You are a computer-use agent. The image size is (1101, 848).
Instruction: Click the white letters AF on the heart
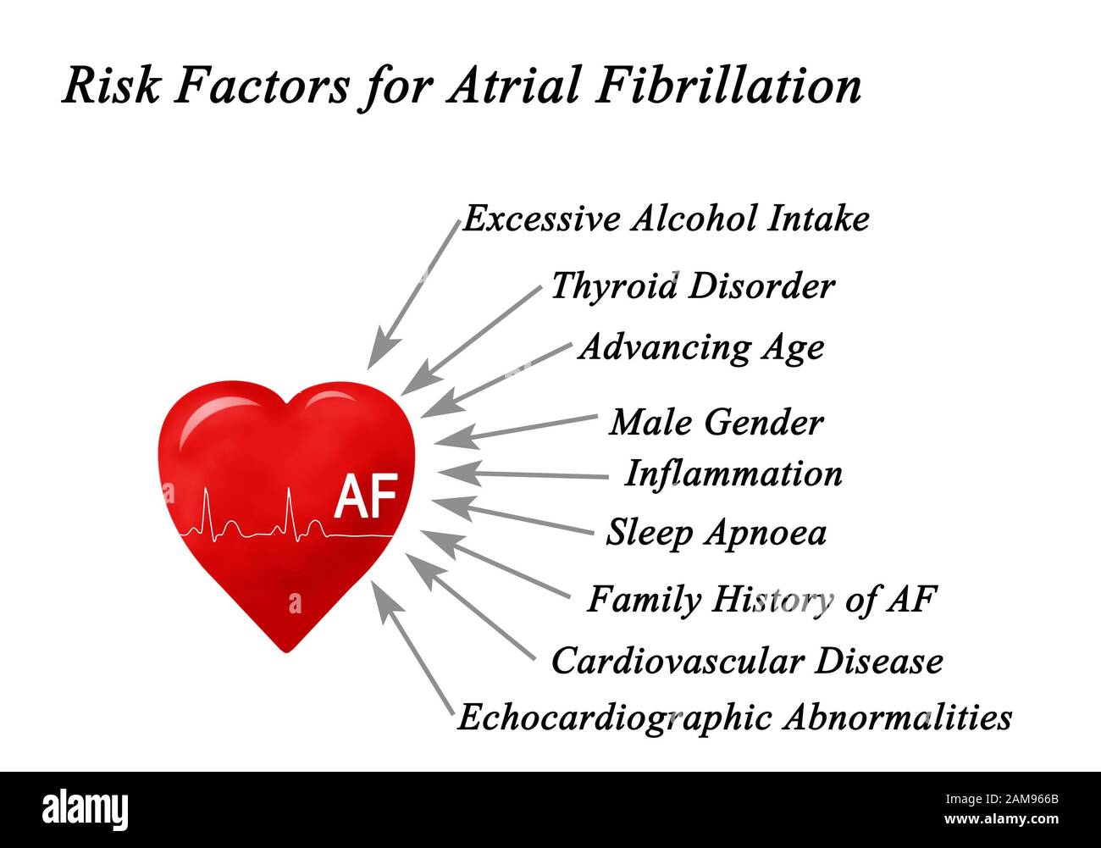click(366, 500)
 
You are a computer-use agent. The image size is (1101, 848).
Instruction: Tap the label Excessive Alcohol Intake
click(666, 219)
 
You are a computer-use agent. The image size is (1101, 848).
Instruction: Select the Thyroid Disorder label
click(693, 286)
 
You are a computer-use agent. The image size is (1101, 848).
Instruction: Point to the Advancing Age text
click(701, 347)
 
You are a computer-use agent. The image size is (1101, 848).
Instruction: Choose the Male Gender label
click(716, 422)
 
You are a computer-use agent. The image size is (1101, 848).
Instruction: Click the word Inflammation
click(733, 474)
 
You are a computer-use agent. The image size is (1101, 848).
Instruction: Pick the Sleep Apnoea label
click(716, 533)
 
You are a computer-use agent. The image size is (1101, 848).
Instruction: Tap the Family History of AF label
click(762, 600)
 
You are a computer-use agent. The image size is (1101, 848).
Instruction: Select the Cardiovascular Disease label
click(747, 661)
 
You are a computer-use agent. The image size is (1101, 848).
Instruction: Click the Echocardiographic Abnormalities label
click(734, 718)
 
